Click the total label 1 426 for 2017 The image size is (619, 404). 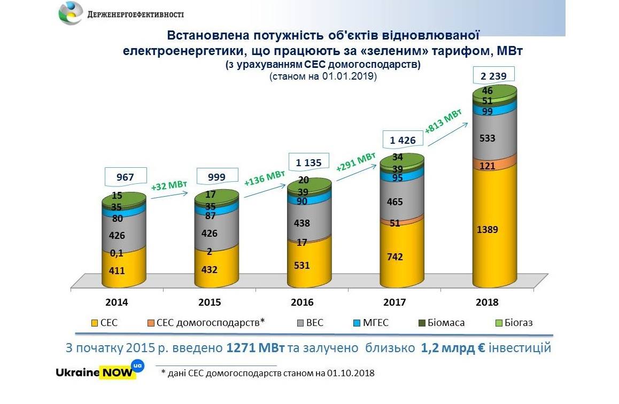pyautogui.click(x=402, y=141)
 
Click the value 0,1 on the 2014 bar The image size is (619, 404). pyautogui.click(x=117, y=253)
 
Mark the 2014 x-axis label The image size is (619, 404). pyautogui.click(x=117, y=302)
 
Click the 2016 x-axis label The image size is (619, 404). pyautogui.click(x=302, y=302)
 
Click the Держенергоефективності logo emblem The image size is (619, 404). pyautogui.click(x=71, y=13)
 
